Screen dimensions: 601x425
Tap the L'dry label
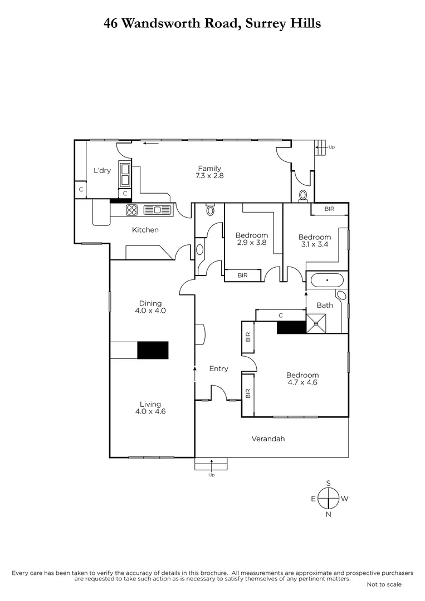tap(101, 171)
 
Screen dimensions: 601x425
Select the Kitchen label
tap(145, 230)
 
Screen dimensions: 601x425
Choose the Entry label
tap(218, 368)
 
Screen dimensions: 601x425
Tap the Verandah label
tap(268, 439)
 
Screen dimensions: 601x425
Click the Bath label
tap(324, 305)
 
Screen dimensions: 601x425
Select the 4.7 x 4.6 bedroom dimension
tap(302, 382)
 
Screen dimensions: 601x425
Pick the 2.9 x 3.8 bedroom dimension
tap(251, 243)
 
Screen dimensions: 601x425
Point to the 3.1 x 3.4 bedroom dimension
tap(315, 244)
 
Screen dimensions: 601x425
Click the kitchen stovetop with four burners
tap(132, 210)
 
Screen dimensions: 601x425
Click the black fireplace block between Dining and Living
tap(153, 350)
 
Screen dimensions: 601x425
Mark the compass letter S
tap(329, 482)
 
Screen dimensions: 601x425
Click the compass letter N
tap(329, 514)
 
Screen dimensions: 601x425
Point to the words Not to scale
tap(384, 584)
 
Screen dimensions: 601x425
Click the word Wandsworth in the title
tap(174, 23)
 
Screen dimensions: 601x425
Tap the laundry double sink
tap(123, 175)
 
